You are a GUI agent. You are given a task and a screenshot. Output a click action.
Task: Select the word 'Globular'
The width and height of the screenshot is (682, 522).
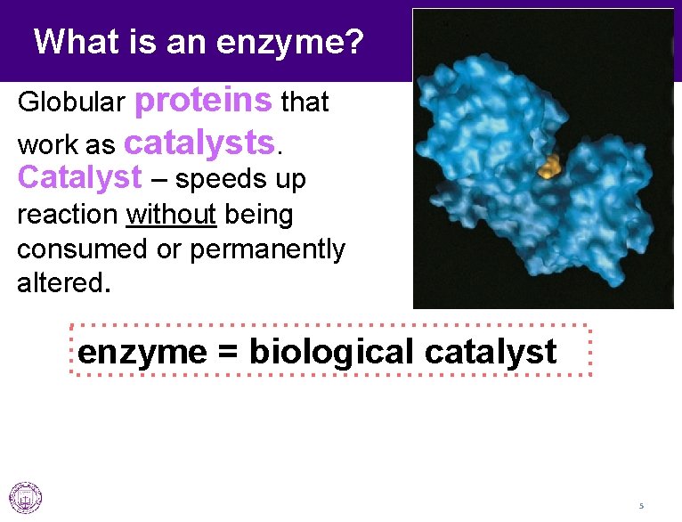(x=71, y=103)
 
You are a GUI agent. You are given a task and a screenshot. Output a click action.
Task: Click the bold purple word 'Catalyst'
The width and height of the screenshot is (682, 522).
(x=79, y=178)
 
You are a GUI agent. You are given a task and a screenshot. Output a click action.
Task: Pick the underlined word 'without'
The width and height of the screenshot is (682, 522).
(x=172, y=216)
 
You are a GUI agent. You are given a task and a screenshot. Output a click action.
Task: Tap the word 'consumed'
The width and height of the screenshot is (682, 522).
(x=83, y=250)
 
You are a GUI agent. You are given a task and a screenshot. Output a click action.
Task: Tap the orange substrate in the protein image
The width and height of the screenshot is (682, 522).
(x=550, y=166)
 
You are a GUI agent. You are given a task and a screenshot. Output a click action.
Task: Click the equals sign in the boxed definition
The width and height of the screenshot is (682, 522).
(x=227, y=353)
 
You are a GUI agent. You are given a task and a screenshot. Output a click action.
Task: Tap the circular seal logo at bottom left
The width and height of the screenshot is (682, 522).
(x=25, y=498)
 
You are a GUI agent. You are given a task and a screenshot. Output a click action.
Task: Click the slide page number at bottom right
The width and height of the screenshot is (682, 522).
(x=640, y=506)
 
